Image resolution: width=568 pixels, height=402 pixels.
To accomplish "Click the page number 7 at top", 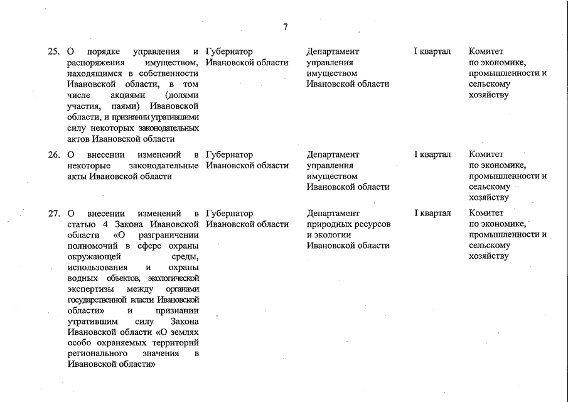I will tap(286, 27).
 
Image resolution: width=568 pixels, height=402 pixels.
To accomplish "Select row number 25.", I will tap(53, 52).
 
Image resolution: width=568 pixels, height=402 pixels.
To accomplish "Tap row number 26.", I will tap(53, 155).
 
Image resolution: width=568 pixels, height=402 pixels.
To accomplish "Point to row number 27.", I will tap(53, 214).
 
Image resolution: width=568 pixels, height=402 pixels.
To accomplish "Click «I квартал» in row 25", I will tap(432, 52).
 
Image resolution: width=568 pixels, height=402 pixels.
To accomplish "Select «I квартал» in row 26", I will tap(432, 155).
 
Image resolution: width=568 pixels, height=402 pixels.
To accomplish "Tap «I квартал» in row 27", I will tap(432, 214).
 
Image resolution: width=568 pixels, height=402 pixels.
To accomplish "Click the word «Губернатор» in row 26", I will tap(229, 155).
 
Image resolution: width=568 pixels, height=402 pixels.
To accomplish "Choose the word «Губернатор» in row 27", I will tap(229, 214).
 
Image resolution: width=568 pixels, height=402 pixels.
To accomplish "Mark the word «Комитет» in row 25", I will tap(486, 52).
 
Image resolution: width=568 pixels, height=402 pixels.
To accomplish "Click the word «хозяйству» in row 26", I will tap(488, 197).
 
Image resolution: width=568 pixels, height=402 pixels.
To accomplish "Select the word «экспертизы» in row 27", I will tap(89, 289).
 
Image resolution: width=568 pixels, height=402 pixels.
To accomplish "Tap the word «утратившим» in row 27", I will tap(90, 321).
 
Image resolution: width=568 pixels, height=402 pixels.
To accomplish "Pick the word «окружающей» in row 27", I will tap(89, 257).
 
